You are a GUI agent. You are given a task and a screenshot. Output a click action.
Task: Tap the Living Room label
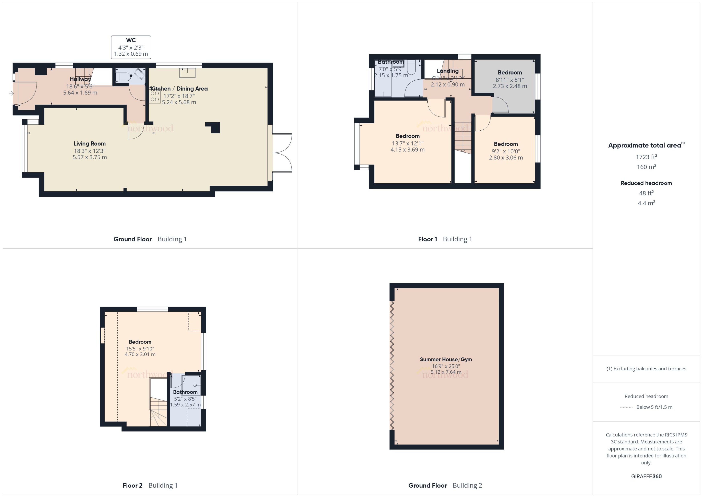click(89, 143)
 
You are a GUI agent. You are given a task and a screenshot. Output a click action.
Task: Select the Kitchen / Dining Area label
click(179, 89)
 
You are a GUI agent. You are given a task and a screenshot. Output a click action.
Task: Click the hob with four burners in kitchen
click(155, 96)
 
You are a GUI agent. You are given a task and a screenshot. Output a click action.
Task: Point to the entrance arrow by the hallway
click(11, 93)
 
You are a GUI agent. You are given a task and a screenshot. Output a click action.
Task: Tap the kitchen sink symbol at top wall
click(187, 73)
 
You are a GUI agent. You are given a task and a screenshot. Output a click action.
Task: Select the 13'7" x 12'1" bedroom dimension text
click(407, 143)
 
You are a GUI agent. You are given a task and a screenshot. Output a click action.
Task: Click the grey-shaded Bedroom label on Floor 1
click(510, 72)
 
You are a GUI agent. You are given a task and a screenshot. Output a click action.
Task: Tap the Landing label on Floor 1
click(448, 71)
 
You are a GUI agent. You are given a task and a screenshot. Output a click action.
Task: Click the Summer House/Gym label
click(446, 359)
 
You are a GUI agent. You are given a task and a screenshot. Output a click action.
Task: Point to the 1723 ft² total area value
click(646, 157)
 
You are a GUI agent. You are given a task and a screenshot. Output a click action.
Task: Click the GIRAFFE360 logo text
click(646, 477)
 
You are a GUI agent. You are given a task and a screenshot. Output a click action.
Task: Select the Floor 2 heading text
click(132, 485)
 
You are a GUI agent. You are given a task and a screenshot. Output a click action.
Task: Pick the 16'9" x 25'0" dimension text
click(446, 366)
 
